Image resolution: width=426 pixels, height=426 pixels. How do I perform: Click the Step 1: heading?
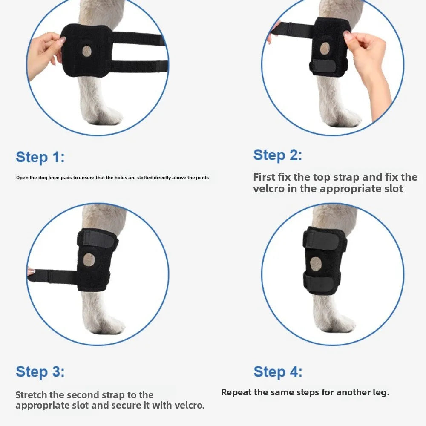pyautogui.click(x=40, y=157)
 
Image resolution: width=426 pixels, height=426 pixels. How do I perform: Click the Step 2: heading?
pyautogui.click(x=277, y=155)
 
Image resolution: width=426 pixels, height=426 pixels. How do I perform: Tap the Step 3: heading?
pyautogui.click(x=40, y=371)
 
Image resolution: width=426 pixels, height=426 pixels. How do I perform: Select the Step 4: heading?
pyautogui.click(x=278, y=371)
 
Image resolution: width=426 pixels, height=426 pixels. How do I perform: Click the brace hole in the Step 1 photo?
pyautogui.click(x=86, y=51)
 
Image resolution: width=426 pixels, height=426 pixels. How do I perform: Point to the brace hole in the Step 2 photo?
pyautogui.click(x=325, y=49)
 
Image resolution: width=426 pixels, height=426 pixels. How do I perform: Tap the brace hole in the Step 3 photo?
pyautogui.click(x=89, y=260)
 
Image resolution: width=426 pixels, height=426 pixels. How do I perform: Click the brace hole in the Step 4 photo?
pyautogui.click(x=316, y=264)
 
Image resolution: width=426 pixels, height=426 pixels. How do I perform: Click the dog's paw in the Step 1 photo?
pyautogui.click(x=103, y=113)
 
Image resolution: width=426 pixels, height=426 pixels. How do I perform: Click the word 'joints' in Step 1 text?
pyautogui.click(x=202, y=178)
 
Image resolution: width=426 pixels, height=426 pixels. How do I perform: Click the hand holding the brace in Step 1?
pyautogui.click(x=45, y=55)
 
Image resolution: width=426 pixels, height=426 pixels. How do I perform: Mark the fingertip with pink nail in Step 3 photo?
pyautogui.click(x=31, y=271)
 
